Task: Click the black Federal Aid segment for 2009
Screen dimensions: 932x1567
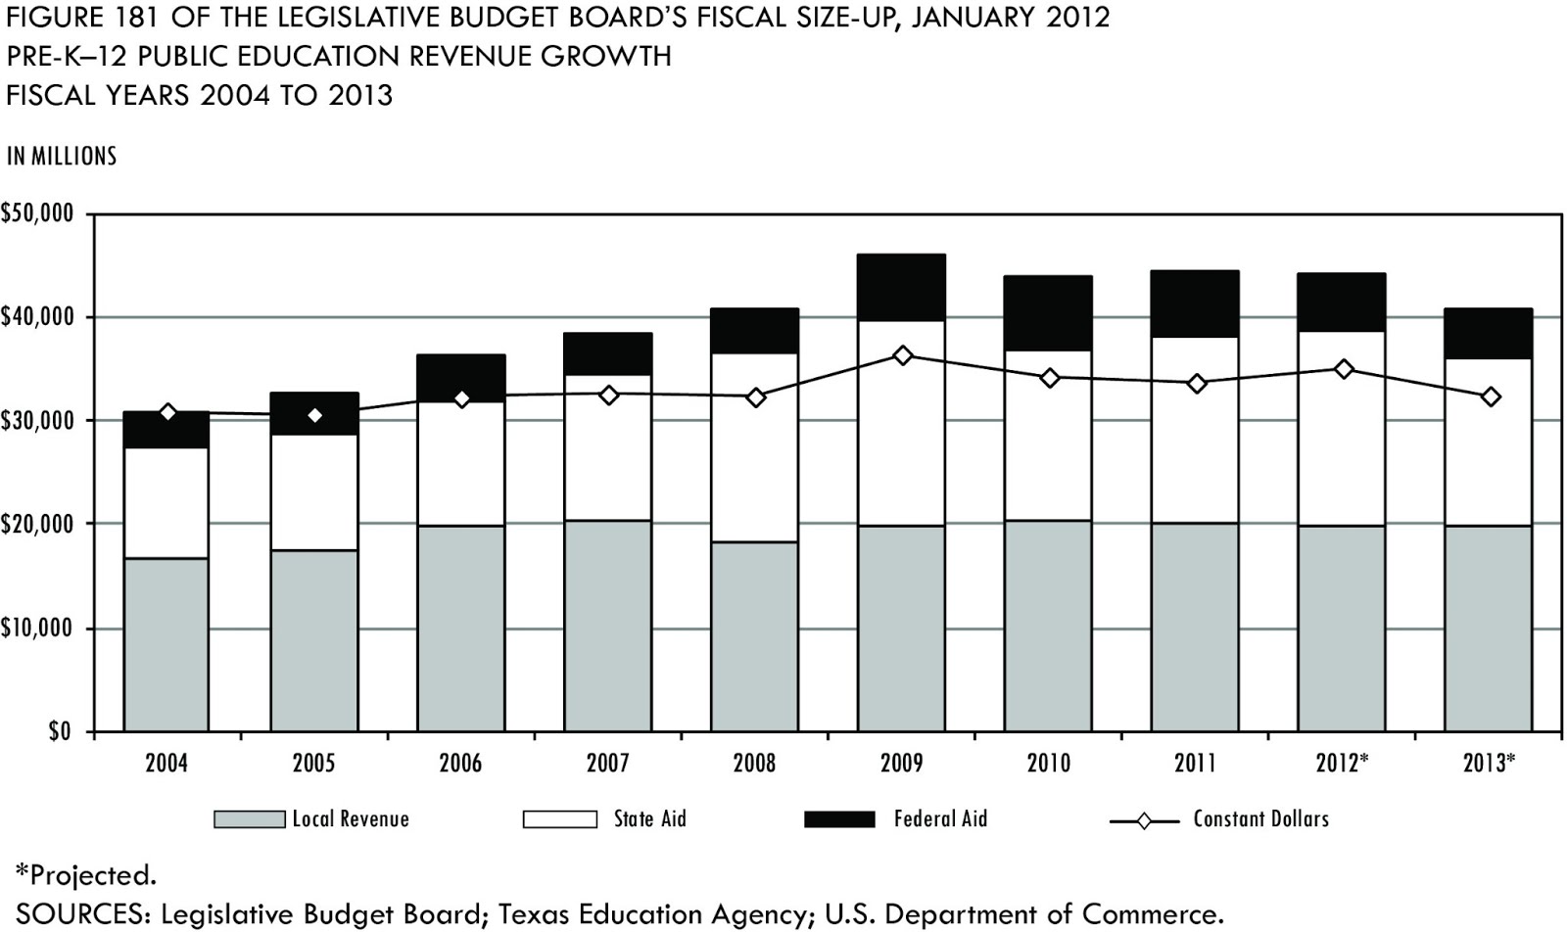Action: point(901,287)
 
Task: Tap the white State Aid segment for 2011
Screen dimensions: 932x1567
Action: point(1195,430)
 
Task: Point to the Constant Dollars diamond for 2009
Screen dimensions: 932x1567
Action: point(903,355)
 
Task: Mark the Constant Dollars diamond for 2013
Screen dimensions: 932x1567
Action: point(1491,396)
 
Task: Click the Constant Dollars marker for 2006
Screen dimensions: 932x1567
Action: point(462,398)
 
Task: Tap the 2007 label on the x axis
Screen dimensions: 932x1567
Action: point(607,763)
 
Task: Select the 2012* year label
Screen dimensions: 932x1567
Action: point(1342,763)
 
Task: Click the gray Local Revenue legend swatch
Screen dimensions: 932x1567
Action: point(250,819)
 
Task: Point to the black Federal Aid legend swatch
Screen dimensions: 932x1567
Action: point(839,819)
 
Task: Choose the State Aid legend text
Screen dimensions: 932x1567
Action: point(649,819)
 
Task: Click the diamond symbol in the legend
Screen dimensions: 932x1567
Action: point(1143,820)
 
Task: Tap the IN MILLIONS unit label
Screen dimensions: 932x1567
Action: point(62,157)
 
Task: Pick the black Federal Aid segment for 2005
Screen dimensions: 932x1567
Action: point(314,413)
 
